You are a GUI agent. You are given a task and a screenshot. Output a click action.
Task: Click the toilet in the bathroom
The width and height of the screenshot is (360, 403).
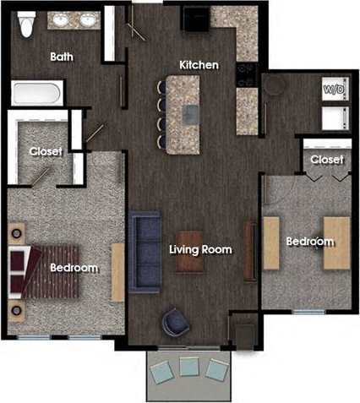click(x=26, y=25)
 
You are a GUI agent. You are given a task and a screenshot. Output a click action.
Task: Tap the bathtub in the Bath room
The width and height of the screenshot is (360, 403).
click(x=36, y=91)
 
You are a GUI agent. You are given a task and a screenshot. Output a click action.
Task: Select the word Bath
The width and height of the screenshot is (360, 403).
click(x=62, y=57)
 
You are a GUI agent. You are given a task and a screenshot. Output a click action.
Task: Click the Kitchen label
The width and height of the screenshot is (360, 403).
click(x=199, y=65)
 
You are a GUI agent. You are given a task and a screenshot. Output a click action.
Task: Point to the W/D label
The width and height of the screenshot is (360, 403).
click(x=332, y=88)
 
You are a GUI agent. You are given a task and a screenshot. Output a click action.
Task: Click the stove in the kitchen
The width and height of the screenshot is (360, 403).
click(x=246, y=75)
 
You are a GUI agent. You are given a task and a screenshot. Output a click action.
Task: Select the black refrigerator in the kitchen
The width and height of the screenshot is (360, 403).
click(x=196, y=19)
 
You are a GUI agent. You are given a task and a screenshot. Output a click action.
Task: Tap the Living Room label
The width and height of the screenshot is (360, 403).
click(x=200, y=250)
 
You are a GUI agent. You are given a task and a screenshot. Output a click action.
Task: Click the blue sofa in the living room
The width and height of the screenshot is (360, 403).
click(x=145, y=250)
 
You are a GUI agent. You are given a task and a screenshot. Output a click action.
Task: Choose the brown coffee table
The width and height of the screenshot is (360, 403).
click(x=189, y=252)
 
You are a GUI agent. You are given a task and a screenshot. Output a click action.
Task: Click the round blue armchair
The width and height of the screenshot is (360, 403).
click(x=177, y=321)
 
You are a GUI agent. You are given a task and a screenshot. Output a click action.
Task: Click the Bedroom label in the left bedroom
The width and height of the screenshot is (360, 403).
click(x=74, y=268)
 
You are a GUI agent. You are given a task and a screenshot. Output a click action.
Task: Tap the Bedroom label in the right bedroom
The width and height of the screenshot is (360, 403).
click(x=309, y=242)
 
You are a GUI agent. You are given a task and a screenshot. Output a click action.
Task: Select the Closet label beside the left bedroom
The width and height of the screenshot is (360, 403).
click(x=46, y=151)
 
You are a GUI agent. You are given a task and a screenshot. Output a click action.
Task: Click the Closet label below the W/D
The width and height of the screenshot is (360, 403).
click(x=326, y=159)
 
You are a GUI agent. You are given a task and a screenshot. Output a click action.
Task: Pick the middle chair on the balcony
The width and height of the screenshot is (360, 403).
click(x=188, y=367)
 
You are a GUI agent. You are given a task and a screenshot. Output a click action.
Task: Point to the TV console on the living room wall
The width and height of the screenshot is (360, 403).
click(x=249, y=250)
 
